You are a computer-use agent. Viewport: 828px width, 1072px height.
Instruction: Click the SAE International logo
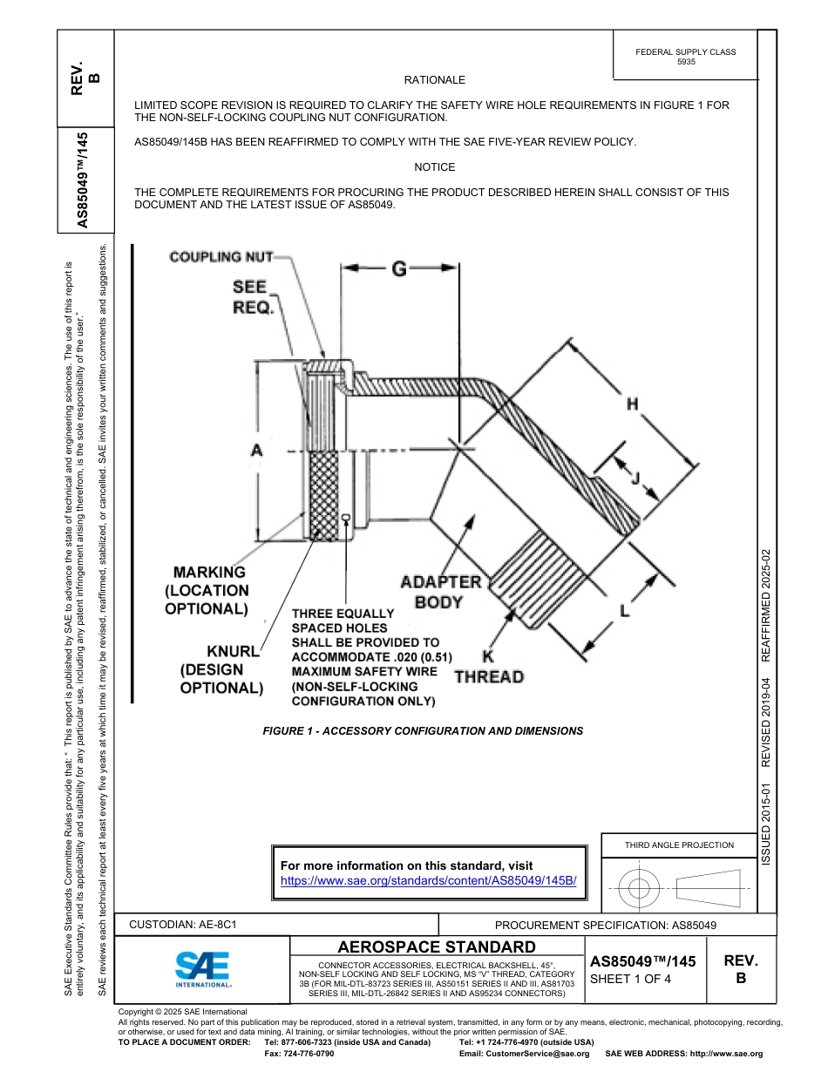click(x=202, y=968)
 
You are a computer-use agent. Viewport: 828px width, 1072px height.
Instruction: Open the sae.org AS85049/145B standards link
click(x=428, y=880)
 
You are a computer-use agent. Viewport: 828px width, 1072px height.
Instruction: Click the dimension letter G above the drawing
click(x=398, y=269)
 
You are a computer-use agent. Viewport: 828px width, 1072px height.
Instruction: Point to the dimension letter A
click(x=256, y=450)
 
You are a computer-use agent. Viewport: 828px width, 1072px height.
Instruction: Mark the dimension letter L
click(x=624, y=611)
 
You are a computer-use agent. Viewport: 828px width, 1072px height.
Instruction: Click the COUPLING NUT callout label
click(x=221, y=256)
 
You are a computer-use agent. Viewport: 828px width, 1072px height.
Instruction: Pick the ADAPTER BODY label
click(x=440, y=591)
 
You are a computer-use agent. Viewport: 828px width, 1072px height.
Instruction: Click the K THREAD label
click(x=489, y=668)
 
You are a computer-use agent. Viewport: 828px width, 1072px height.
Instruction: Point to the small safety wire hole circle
click(x=346, y=518)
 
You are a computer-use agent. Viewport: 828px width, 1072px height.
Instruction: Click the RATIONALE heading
click(x=434, y=80)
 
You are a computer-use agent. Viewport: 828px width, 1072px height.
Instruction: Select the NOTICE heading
click(x=434, y=167)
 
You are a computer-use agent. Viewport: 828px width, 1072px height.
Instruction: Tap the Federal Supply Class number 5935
click(x=685, y=63)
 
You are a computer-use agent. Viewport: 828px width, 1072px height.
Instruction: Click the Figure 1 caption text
click(x=423, y=731)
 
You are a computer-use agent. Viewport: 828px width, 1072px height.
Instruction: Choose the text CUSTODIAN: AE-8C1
click(x=183, y=925)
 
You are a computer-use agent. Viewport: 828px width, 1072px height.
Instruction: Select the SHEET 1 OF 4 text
click(x=630, y=978)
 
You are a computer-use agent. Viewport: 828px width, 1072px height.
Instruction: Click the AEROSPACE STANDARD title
click(x=437, y=947)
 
